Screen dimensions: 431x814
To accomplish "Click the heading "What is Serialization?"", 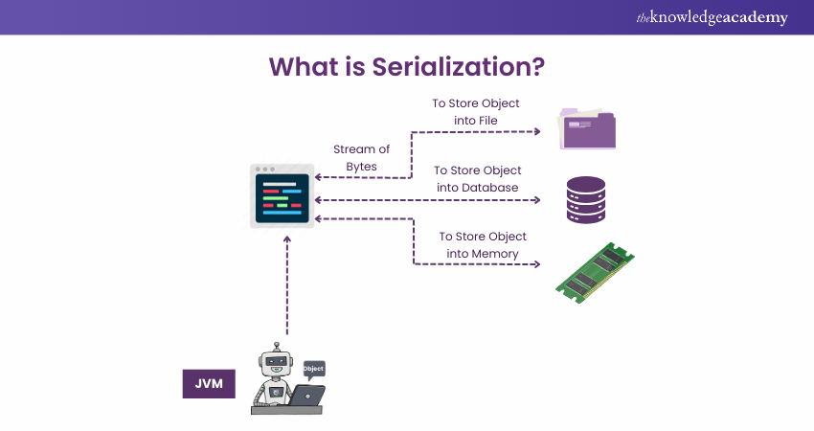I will (406, 66).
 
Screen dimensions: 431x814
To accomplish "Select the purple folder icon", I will (586, 129).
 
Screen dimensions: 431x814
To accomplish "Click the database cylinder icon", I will (585, 199).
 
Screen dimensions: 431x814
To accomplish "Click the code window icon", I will (282, 196).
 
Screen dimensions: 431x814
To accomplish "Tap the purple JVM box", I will (209, 383).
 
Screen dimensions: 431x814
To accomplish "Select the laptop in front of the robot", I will (305, 395).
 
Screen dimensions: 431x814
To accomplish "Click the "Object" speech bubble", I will (313, 369).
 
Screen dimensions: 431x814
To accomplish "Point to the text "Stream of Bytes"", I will (361, 158).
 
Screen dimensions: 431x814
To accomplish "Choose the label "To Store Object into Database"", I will (477, 179).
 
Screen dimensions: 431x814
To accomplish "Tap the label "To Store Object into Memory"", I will (483, 244).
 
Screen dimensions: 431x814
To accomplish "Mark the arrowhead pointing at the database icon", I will (538, 200).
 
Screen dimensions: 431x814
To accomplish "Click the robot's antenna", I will (277, 347).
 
